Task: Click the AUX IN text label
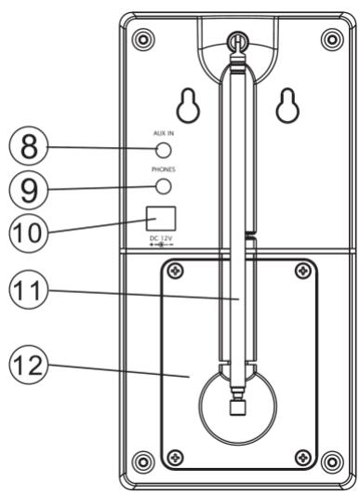point(165,133)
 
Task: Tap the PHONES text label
point(165,170)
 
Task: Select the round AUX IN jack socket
point(164,148)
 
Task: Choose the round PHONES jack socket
point(164,186)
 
